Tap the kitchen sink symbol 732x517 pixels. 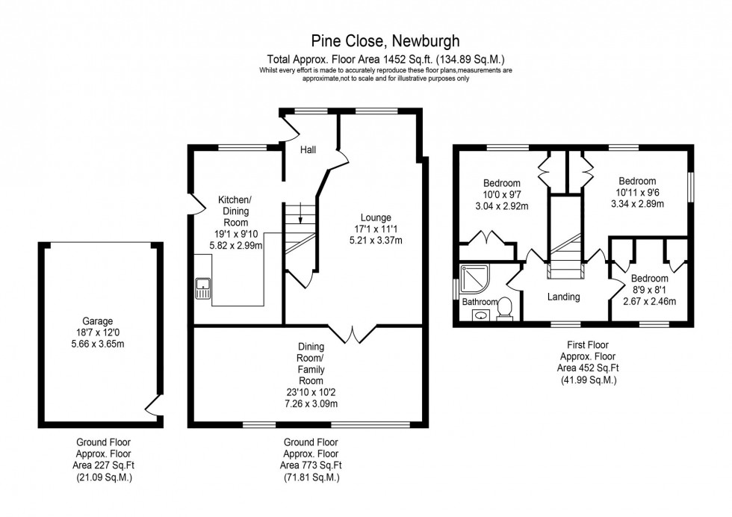tap(202, 288)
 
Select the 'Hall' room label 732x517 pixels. tap(308, 150)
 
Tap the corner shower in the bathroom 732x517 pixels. tap(473, 279)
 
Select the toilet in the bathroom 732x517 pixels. tap(504, 308)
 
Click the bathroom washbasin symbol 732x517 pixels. tap(480, 315)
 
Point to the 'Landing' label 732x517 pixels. tap(563, 297)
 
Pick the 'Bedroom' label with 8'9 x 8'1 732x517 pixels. tap(649, 279)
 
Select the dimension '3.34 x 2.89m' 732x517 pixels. tap(636, 203)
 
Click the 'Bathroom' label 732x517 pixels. tap(479, 302)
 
